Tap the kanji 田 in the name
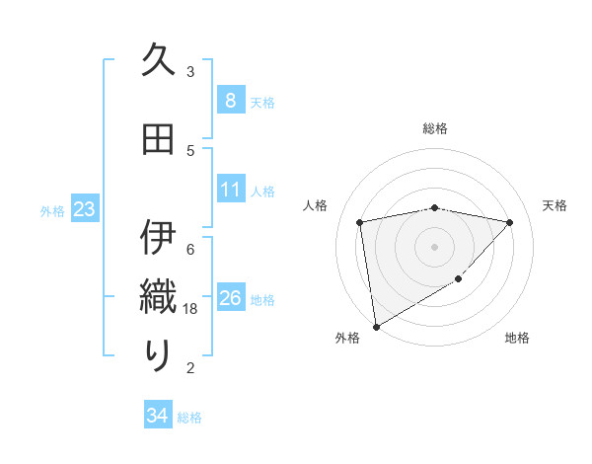pos(158,140)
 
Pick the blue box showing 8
pos(230,101)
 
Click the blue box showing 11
pos(230,190)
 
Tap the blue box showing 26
pos(230,298)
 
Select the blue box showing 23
pos(83,209)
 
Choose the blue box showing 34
pos(157,416)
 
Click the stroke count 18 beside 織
pos(191,309)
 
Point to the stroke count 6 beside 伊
pos(190,248)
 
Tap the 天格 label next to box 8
pos(262,102)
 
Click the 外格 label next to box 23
pos(52,210)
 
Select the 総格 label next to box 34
pos(189,417)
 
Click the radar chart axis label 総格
pos(435,128)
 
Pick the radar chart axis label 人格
pos(315,205)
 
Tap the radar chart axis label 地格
pos(517,338)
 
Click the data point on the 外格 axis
pos(375,326)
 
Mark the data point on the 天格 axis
pos(509,222)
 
